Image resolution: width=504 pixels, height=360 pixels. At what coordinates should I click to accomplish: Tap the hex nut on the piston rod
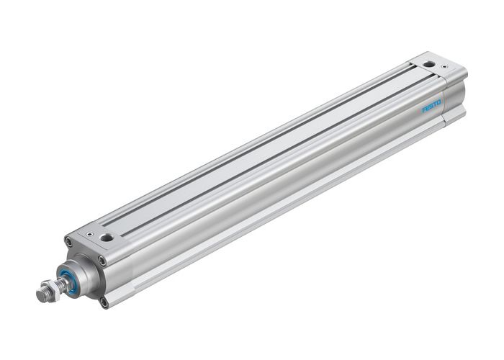point(53,289)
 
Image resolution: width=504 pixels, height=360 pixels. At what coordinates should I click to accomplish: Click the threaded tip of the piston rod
point(42,295)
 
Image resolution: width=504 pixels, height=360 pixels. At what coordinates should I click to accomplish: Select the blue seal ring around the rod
point(73,281)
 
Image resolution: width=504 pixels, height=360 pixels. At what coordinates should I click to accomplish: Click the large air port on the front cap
point(107,237)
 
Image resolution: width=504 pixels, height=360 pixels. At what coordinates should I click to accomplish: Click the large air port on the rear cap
point(429,64)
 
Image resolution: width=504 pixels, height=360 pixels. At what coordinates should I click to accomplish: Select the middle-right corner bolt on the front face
point(102,261)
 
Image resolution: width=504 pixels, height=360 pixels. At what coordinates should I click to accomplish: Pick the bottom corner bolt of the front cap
point(104,302)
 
